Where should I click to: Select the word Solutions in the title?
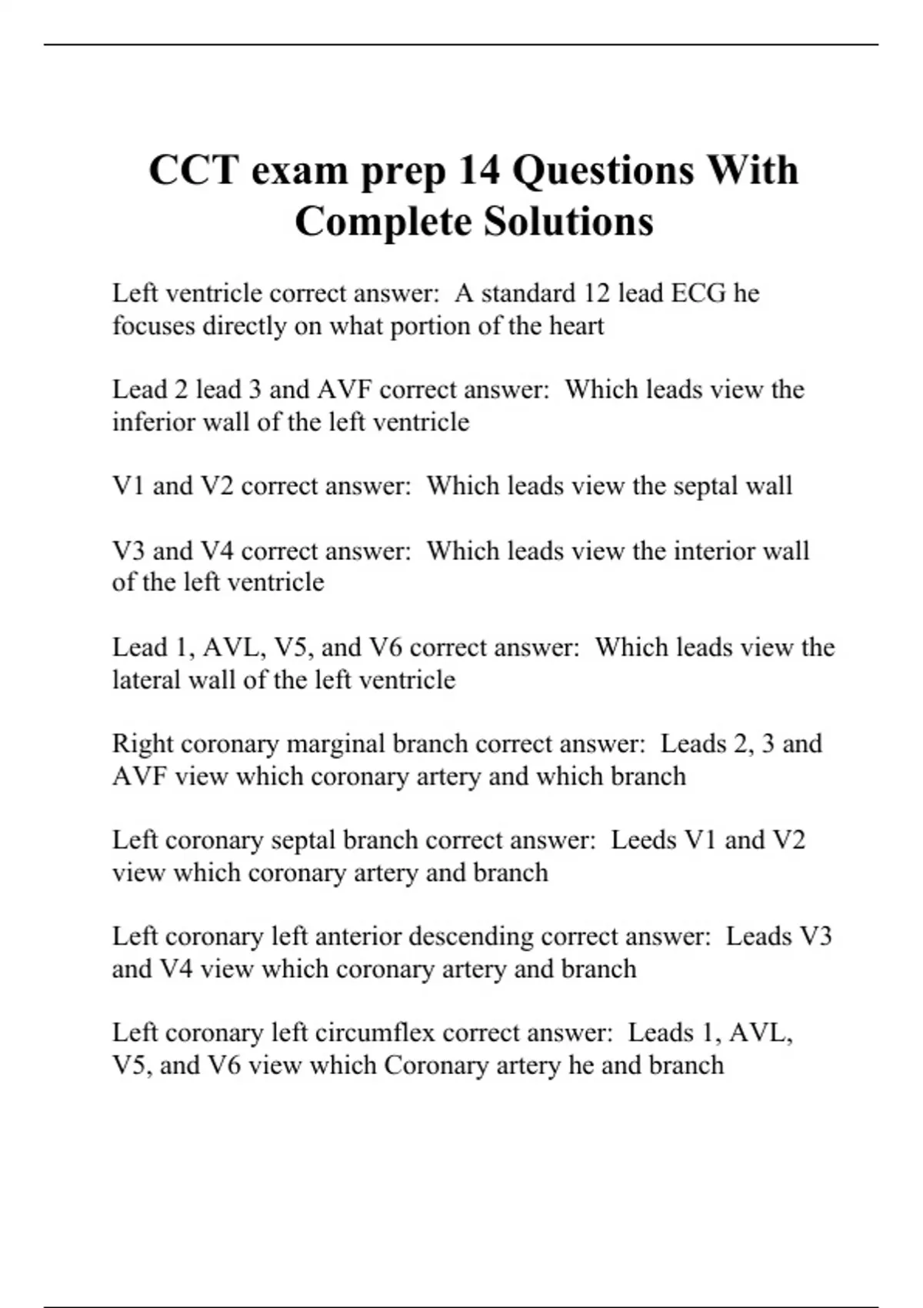tap(568, 222)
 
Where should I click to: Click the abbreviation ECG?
tap(698, 293)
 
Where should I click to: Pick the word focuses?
tap(153, 326)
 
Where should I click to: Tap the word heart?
tap(576, 326)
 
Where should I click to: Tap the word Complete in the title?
tap(383, 222)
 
